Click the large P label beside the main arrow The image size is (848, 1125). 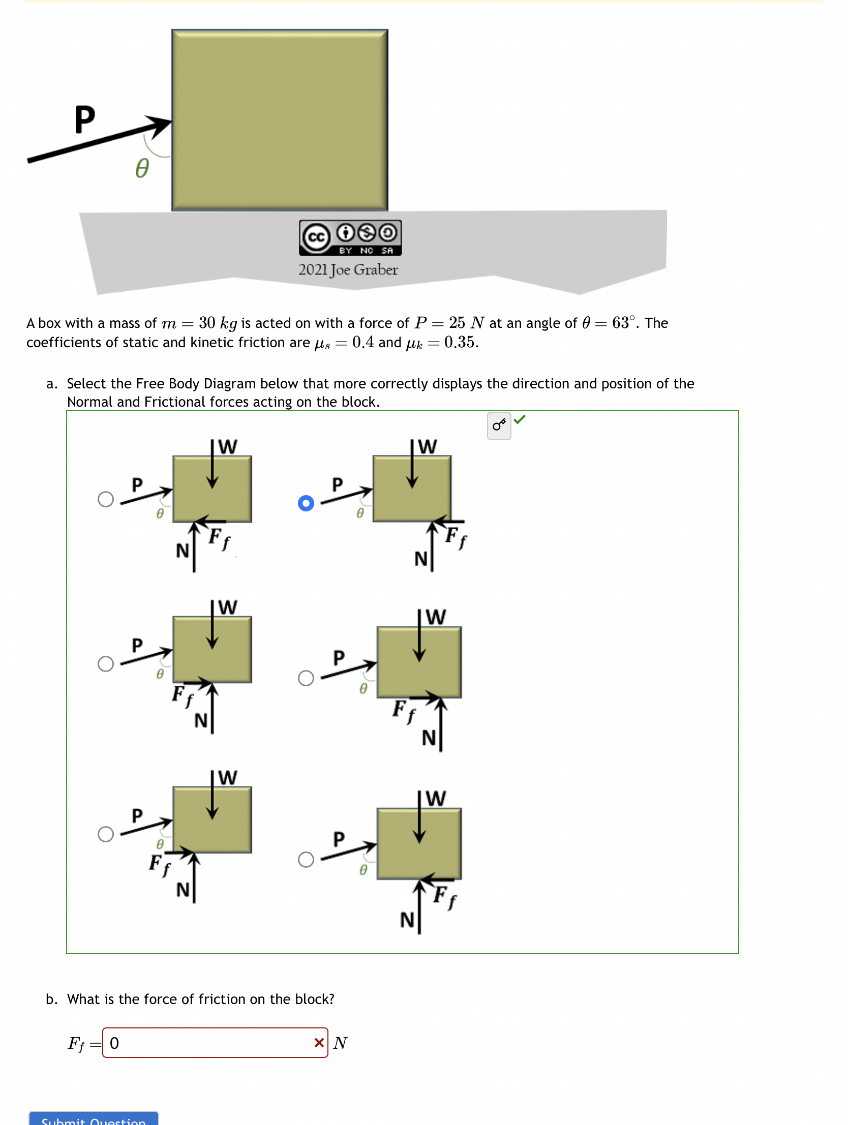coord(84,120)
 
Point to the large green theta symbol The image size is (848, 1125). coord(142,168)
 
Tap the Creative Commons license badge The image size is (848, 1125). coord(350,237)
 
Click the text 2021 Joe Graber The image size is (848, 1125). coord(348,269)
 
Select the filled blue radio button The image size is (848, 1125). coord(306,503)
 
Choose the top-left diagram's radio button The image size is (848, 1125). coord(106,499)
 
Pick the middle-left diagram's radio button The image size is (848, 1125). coord(106,663)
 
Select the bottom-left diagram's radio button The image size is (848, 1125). coord(106,834)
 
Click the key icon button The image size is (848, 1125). coord(499,425)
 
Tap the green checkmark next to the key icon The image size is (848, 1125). coord(520,419)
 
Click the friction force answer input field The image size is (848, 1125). coord(208,1043)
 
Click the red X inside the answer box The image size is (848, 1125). coord(319,1043)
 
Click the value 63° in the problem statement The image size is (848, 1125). coord(624,323)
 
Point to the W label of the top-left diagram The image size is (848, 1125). coord(227,446)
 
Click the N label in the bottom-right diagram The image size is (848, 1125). coord(407,920)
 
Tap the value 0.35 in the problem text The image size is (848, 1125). coord(461,342)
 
